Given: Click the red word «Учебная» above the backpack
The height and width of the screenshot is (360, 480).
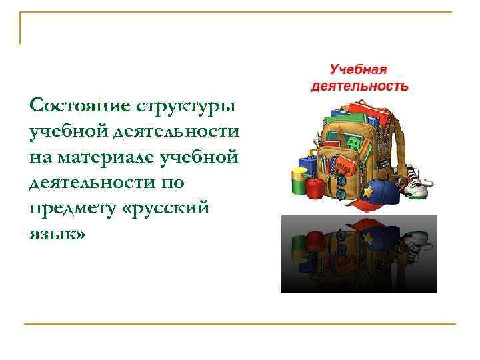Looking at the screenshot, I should point(359,69).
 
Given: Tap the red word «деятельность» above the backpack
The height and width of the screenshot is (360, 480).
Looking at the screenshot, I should point(359,85).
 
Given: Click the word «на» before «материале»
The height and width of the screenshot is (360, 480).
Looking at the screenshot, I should point(41,157).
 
